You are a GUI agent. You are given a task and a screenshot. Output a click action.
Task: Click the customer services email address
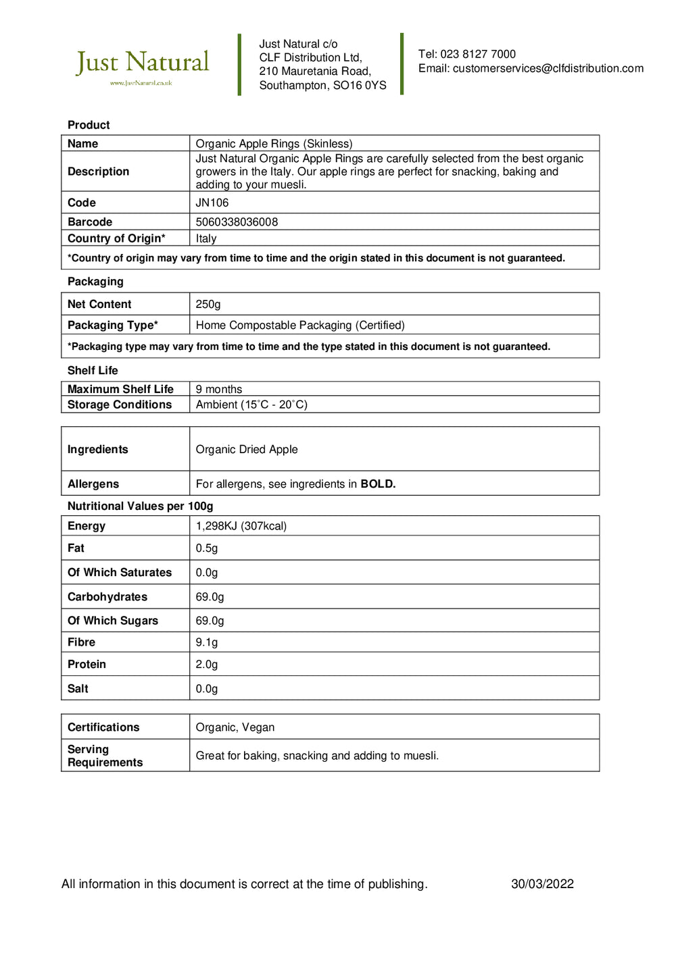click(x=548, y=68)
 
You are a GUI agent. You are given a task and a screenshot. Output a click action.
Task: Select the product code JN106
click(x=212, y=203)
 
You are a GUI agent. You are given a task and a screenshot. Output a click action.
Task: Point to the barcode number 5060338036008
click(x=237, y=222)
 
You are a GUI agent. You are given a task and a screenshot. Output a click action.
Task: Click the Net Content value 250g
click(x=208, y=305)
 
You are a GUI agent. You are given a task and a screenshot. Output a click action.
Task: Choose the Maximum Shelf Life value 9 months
click(x=219, y=389)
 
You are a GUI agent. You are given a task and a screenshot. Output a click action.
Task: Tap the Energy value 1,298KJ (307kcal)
click(x=241, y=526)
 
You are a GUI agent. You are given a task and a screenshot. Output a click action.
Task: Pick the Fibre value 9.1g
click(x=207, y=642)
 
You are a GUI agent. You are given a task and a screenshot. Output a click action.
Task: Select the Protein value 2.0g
click(x=207, y=665)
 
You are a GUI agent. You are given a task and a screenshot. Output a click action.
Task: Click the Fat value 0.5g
click(x=207, y=548)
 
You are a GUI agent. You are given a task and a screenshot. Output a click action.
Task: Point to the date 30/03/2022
click(x=542, y=884)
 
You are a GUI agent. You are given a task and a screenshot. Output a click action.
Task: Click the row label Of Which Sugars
click(x=113, y=621)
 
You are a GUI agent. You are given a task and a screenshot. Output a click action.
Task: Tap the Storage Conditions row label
click(x=120, y=405)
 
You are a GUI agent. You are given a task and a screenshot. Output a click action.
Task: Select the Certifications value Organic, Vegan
click(x=235, y=727)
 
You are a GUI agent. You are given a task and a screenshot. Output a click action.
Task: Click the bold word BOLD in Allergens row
click(x=378, y=484)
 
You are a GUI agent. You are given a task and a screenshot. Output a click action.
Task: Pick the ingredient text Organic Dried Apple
click(x=247, y=450)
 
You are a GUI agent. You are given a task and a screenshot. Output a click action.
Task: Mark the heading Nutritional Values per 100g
click(x=140, y=507)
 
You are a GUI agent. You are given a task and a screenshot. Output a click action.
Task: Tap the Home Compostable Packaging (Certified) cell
click(x=300, y=326)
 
